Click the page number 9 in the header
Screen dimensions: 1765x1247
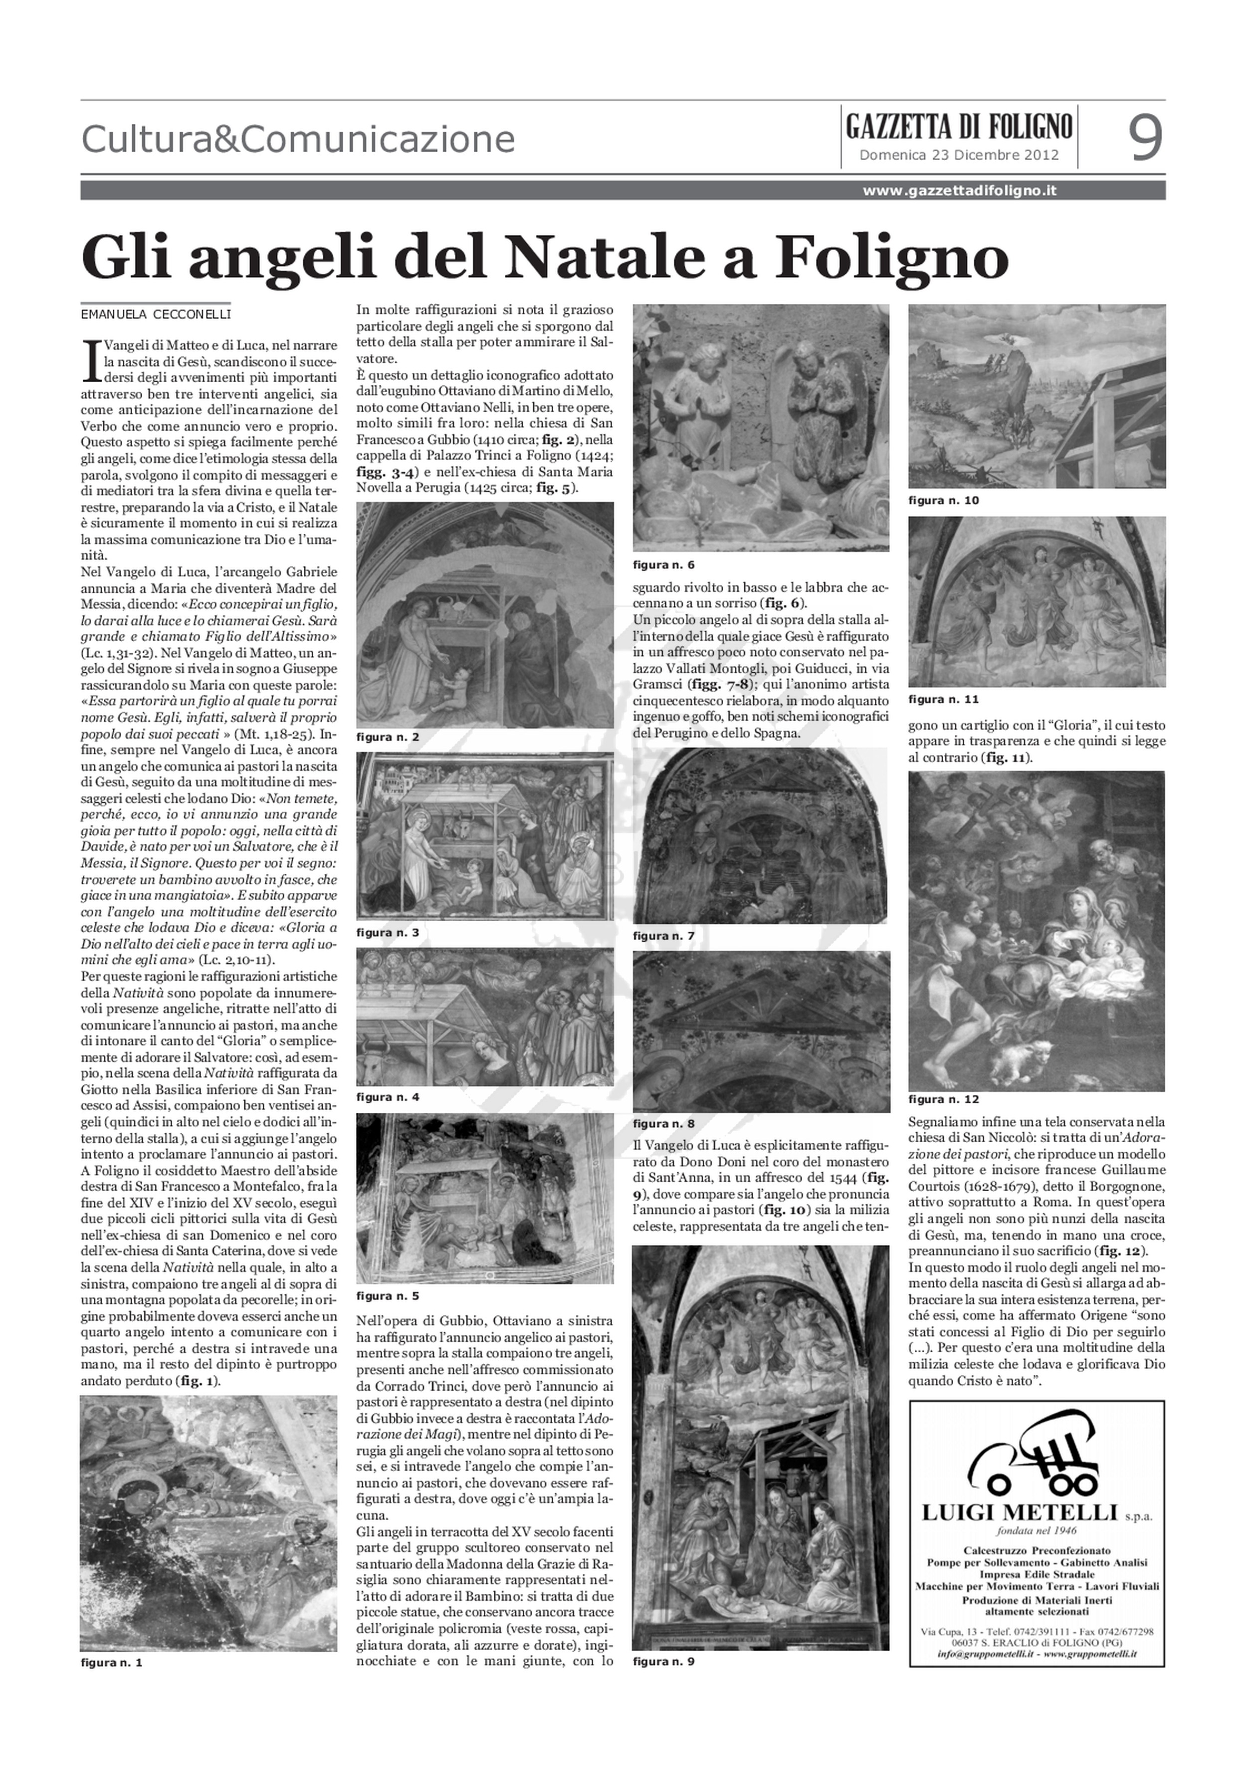[1145, 138]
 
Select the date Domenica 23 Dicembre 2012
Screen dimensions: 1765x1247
[959, 155]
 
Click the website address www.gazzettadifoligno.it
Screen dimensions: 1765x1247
[959, 191]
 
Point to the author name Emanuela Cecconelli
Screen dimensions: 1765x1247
[156, 314]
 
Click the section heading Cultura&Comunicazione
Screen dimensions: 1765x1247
[298, 140]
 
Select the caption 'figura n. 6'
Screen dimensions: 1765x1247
[664, 565]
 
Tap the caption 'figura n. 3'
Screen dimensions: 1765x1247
[388, 933]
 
